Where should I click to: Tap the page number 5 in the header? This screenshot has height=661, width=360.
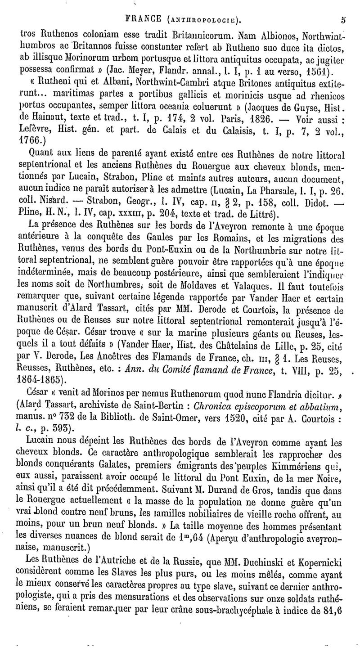coord(343,19)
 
